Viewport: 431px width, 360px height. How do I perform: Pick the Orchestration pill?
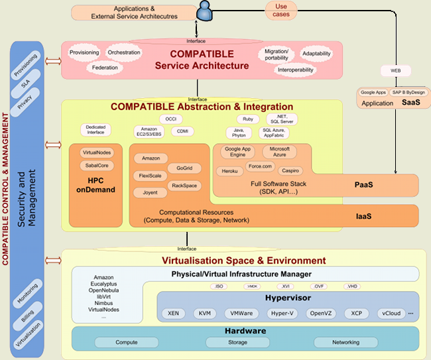pyautogui.click(x=124, y=52)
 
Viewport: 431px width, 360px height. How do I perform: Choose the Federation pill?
pyautogui.click(x=105, y=67)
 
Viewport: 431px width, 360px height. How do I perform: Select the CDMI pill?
pyautogui.click(x=182, y=131)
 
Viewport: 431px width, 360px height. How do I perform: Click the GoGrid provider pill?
pyautogui.click(x=179, y=168)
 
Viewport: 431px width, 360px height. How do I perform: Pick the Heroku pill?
pyautogui.click(x=229, y=171)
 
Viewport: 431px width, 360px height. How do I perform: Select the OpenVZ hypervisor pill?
pyautogui.click(x=322, y=313)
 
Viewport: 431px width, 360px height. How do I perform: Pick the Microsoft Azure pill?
pyautogui.click(x=279, y=152)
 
